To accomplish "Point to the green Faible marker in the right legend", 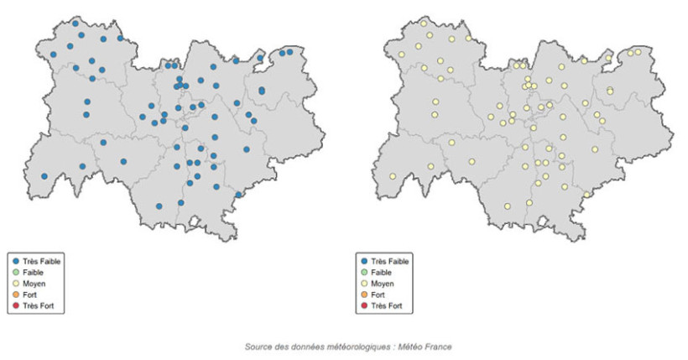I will (362, 273).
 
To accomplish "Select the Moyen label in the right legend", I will (383, 284).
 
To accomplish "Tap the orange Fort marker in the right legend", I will (362, 295).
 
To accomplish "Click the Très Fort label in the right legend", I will (386, 305).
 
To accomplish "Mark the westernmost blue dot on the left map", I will (44, 176).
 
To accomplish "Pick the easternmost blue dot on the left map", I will (290, 52).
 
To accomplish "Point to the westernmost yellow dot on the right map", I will (392, 176).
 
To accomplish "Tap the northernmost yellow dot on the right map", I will (424, 23).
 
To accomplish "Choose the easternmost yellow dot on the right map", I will (638, 52).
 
